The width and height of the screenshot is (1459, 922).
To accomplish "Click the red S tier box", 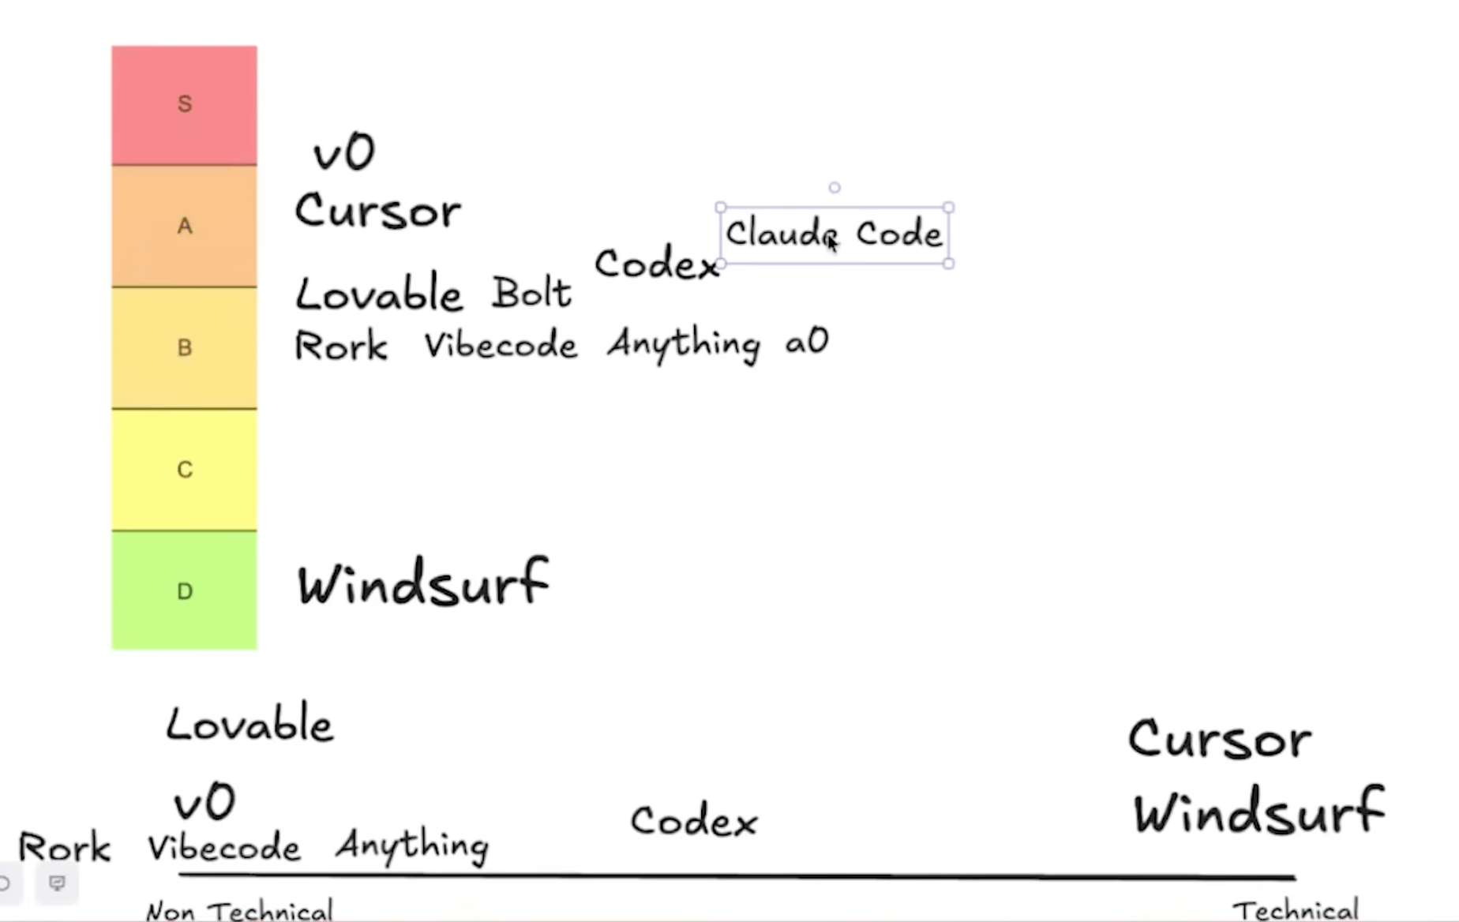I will point(184,104).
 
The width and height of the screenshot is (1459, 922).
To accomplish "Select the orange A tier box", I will point(184,226).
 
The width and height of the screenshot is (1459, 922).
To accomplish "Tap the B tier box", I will point(184,347).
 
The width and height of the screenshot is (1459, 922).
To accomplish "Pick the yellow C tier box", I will point(184,470).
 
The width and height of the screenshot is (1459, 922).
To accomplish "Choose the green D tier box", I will point(184,590).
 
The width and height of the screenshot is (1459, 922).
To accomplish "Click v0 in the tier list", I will point(344,152).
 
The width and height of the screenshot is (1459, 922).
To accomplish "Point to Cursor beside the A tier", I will point(378,212).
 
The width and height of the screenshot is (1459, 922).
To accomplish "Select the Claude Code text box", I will point(834,234).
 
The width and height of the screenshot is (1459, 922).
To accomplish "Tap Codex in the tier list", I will point(656,263).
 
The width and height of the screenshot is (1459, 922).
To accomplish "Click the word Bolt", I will point(531,294).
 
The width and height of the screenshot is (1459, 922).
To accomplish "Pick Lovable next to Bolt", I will point(378,294).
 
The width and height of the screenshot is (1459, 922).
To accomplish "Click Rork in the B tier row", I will point(341,346).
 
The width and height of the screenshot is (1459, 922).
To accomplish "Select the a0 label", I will point(807,342).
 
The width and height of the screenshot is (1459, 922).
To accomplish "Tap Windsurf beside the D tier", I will point(423,583).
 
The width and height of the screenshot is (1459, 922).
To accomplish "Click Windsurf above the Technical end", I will point(1259,811).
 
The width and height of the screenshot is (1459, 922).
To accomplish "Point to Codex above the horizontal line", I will point(694,821).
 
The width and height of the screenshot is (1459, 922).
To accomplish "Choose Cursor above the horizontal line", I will point(1220,740).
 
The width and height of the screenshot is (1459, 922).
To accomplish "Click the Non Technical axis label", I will point(240,911).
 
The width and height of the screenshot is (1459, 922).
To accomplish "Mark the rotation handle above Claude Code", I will point(835,188).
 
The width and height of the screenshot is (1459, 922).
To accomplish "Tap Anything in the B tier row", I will point(684,344).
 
